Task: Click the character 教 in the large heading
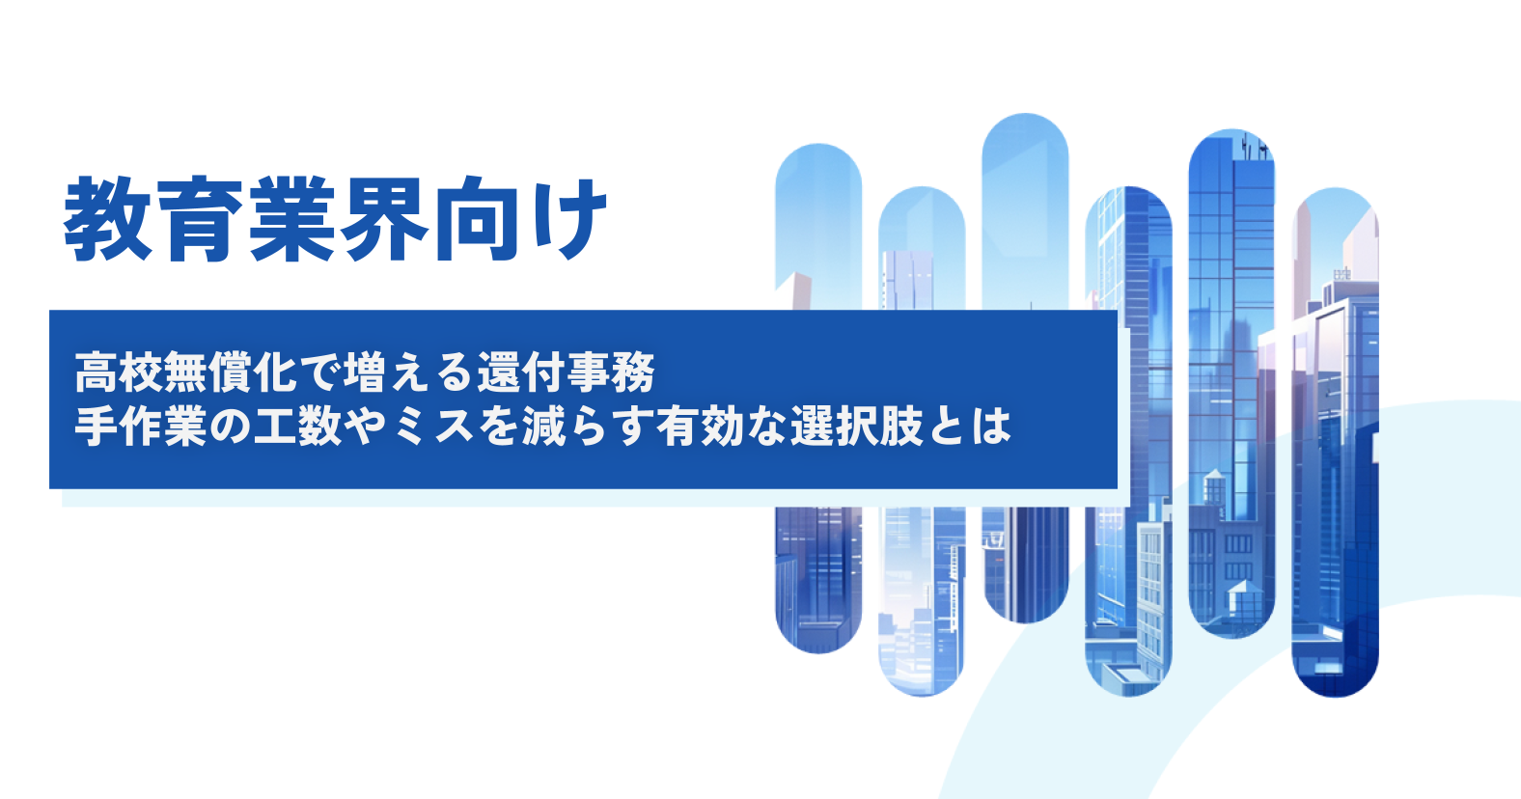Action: [x=107, y=219]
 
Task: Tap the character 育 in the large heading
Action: [x=201, y=219]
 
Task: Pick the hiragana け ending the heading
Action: [x=567, y=219]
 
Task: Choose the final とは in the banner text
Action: [x=971, y=426]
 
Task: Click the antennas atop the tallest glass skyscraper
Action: [x=1254, y=146]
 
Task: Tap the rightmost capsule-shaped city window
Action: [x=1335, y=442]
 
